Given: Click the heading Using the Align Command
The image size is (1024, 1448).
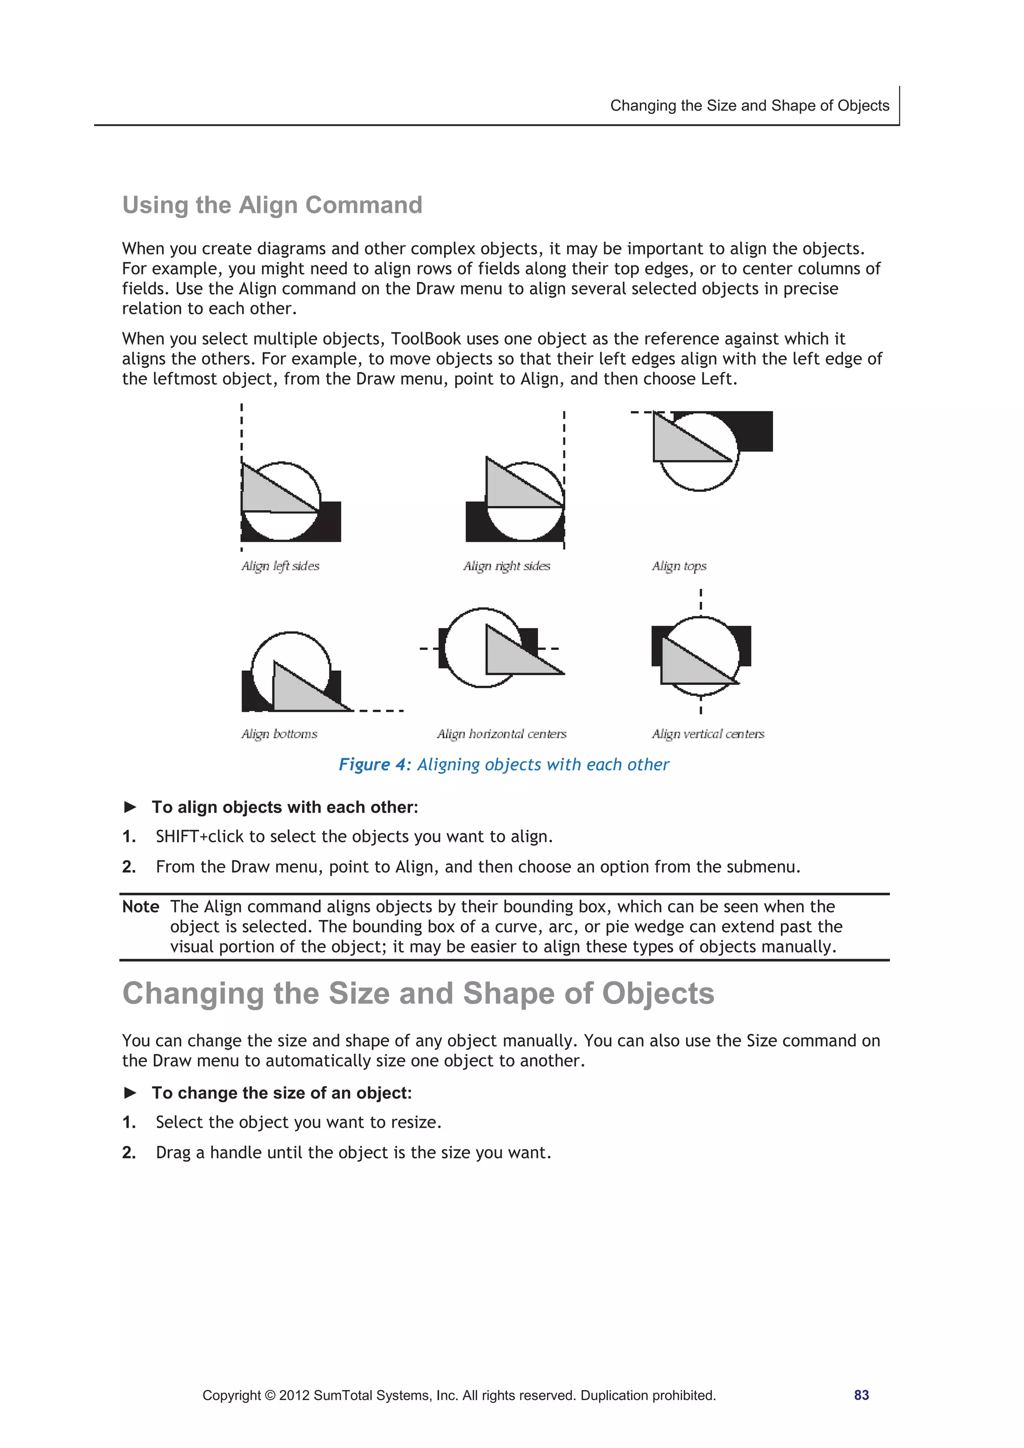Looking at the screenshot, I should tap(272, 205).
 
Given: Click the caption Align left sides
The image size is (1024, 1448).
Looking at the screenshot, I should tap(280, 566).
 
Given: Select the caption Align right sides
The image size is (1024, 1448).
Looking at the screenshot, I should tap(506, 566).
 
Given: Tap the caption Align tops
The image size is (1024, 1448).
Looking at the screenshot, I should tap(679, 566).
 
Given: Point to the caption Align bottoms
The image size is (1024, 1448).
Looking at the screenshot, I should tap(279, 733).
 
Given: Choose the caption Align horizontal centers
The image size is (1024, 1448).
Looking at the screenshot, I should tap(501, 733).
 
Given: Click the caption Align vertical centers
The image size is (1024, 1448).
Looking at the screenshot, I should tap(708, 733).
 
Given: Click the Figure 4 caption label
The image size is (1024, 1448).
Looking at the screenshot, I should tap(375, 764).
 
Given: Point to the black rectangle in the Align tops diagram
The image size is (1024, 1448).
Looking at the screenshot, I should tap(754, 430).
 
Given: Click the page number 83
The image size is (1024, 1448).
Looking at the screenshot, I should tap(861, 1395).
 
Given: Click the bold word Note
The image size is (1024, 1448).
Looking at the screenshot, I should tap(140, 907).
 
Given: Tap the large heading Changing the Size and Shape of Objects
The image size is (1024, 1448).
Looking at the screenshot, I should tap(417, 993).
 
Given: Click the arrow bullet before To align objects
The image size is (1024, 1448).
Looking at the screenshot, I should tap(130, 807).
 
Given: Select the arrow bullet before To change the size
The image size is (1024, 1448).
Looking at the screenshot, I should tap(130, 1092).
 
